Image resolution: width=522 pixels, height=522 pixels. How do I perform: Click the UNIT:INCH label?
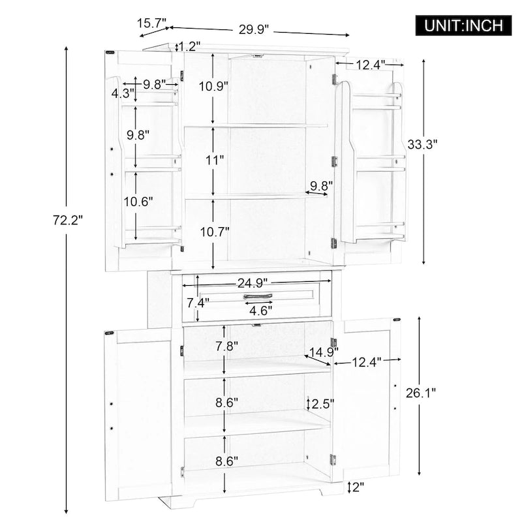[x=465, y=25]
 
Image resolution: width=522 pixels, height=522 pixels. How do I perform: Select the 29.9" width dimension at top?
[x=254, y=29]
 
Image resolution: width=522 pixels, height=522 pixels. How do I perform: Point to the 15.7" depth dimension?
[x=151, y=23]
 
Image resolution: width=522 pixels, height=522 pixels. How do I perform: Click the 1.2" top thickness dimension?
[x=190, y=46]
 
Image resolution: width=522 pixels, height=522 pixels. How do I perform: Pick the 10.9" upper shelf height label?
[x=213, y=85]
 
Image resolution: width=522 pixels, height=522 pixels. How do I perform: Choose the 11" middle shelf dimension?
[x=213, y=159]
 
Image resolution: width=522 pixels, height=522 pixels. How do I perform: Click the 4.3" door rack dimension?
[x=122, y=93]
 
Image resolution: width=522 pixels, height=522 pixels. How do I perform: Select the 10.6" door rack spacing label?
[x=138, y=202]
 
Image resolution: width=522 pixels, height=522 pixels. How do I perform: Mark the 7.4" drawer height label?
[x=198, y=303]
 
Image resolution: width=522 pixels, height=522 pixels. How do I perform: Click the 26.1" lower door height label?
[x=420, y=393]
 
